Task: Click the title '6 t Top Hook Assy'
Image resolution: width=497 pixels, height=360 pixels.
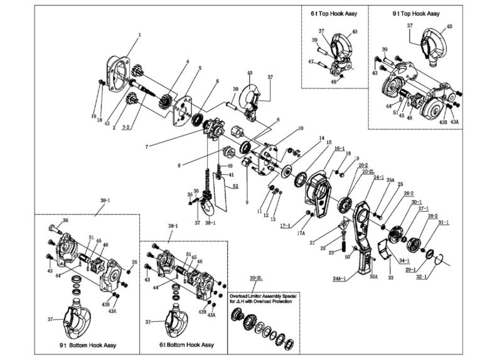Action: point(333,13)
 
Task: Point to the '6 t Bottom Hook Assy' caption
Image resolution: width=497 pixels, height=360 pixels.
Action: point(186,346)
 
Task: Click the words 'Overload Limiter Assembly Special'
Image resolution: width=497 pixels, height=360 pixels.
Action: point(263,294)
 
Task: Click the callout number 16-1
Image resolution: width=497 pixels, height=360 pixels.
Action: point(339,149)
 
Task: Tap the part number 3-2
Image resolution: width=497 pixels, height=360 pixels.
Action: point(126,128)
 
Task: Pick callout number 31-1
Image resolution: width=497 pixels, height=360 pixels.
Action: point(443,223)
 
